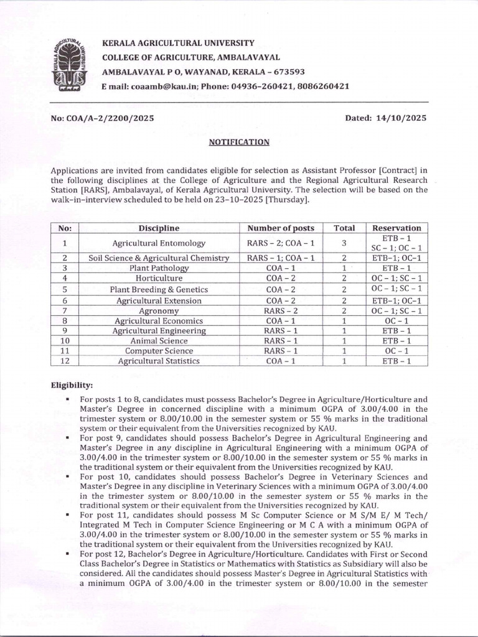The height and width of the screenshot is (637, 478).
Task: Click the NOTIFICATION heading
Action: [x=239, y=142]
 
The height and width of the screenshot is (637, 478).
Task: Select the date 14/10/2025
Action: [x=402, y=118]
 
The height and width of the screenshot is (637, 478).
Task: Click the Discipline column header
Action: [x=159, y=228]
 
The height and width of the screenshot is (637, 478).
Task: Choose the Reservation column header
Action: [x=396, y=228]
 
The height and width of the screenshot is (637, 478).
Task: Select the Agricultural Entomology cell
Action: [x=159, y=243]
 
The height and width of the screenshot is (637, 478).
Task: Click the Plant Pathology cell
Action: [x=159, y=268]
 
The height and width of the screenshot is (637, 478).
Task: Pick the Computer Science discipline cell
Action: [x=159, y=351]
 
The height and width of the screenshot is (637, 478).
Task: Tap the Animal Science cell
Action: [x=159, y=341]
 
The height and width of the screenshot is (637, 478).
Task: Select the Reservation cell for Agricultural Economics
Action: [x=396, y=320]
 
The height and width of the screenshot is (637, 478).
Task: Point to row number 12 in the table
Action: [x=65, y=361]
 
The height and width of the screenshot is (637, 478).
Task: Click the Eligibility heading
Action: [x=72, y=386]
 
